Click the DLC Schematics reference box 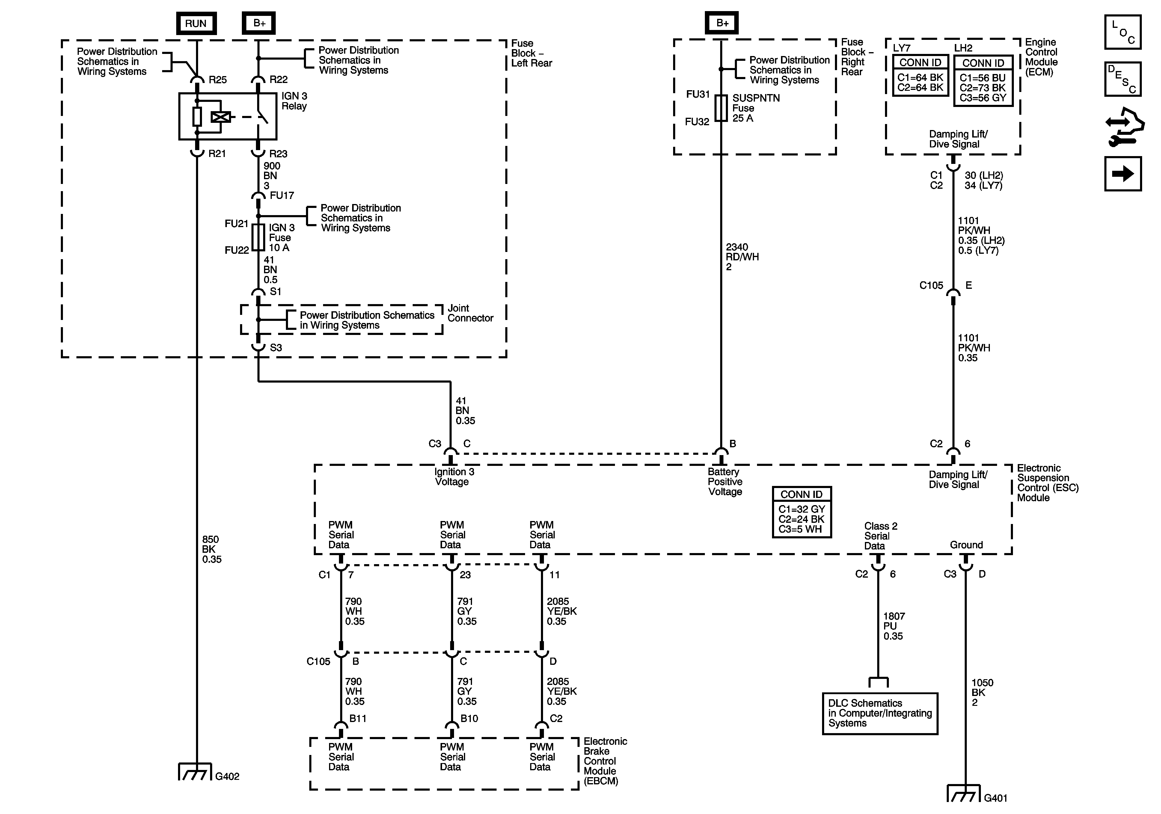[x=880, y=713]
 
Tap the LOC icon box [x=1123, y=32]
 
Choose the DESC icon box [x=1123, y=79]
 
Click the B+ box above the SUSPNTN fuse [x=722, y=23]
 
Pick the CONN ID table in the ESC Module [x=801, y=512]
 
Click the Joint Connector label [x=470, y=313]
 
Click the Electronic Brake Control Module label [x=605, y=761]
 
